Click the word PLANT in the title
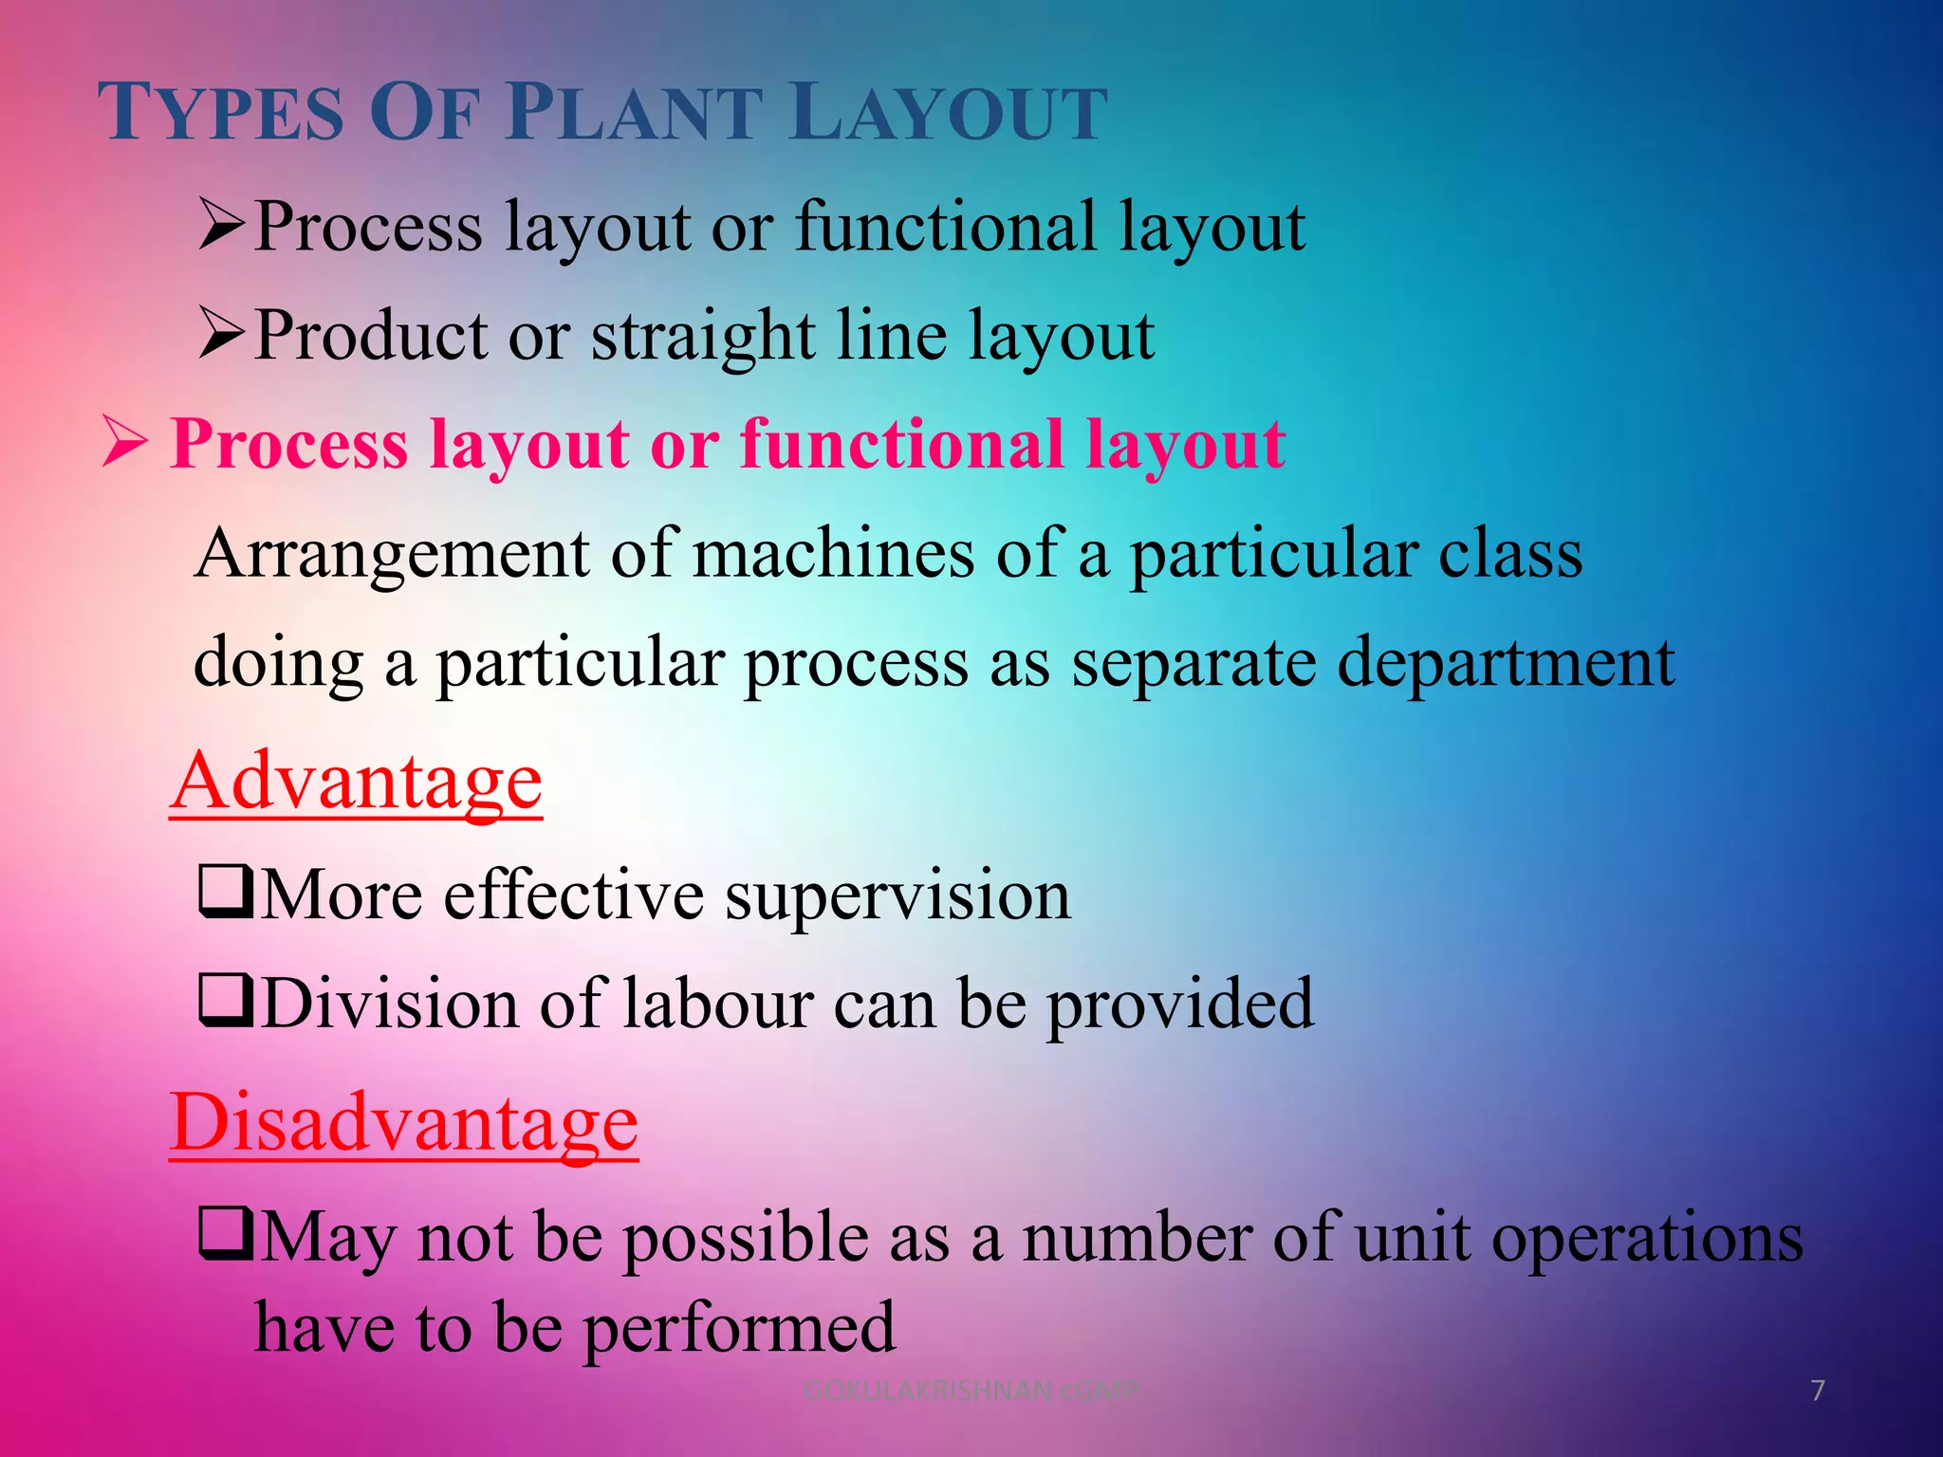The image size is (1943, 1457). (x=635, y=113)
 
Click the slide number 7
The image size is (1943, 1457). (x=1818, y=1391)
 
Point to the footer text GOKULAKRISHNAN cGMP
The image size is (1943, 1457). (x=970, y=1391)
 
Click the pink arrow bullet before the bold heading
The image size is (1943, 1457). (x=125, y=442)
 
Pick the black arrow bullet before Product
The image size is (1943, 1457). (x=222, y=335)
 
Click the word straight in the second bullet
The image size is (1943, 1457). (x=702, y=337)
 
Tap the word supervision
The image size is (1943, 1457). (x=897, y=895)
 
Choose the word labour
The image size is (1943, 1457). (x=717, y=1004)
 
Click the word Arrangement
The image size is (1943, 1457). (x=392, y=555)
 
